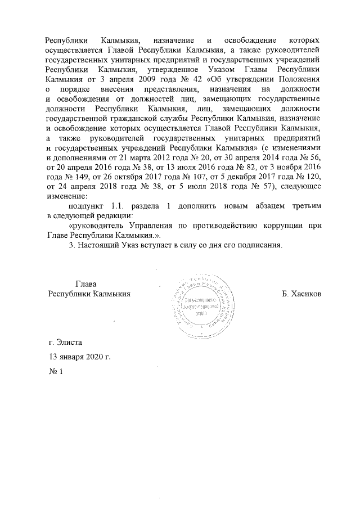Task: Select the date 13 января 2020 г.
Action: tap(79, 357)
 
